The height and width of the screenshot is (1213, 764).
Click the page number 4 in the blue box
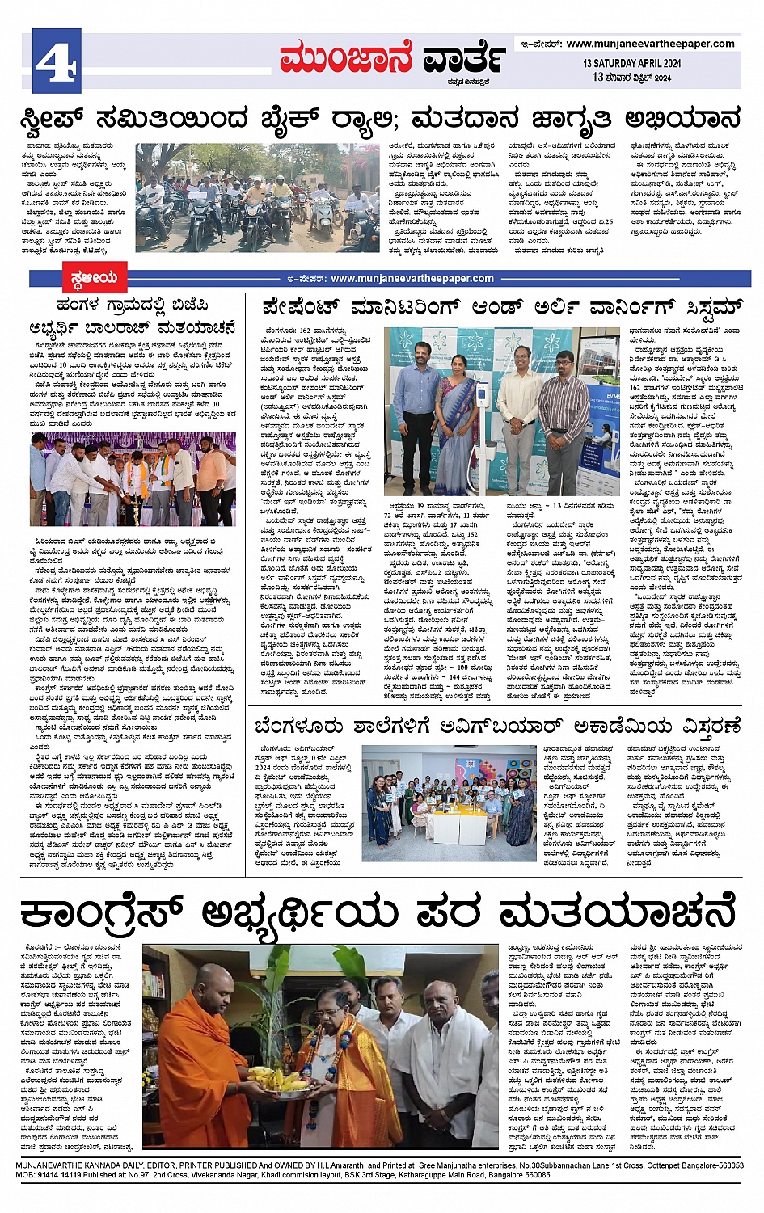57,60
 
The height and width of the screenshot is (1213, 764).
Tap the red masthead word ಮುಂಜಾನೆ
346,59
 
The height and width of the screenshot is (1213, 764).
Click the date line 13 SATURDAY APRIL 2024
631,63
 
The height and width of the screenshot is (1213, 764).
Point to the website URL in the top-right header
650,44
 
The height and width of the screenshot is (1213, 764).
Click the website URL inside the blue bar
412,279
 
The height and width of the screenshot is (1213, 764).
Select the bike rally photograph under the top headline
257,198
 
